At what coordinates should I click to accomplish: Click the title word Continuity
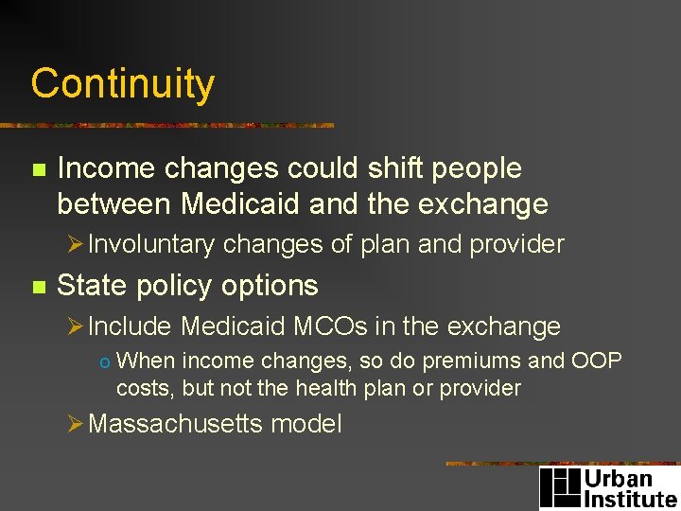123,84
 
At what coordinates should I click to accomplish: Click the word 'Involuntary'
151,244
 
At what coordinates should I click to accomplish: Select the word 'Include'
129,326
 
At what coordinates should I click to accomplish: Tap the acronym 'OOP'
597,361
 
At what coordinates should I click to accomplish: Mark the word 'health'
330,388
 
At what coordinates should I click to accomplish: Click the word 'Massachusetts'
176,423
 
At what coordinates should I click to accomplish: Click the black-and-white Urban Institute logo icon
560,487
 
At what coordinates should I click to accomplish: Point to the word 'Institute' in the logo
631,499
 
